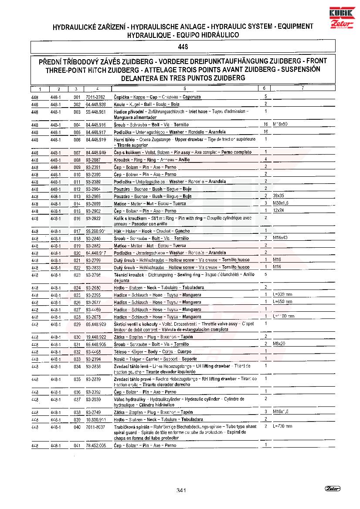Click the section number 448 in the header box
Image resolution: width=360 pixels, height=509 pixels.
click(x=183, y=46)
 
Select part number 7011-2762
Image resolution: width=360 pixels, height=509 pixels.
click(x=95, y=97)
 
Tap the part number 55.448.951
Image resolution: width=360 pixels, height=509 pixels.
click(x=96, y=111)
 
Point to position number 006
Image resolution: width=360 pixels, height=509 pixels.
click(x=77, y=140)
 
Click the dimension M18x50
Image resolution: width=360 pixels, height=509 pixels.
click(x=280, y=124)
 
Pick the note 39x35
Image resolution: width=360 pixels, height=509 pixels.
click(x=278, y=196)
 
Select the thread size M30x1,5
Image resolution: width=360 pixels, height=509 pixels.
click(x=280, y=203)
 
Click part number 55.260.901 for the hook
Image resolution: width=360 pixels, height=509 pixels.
click(x=96, y=231)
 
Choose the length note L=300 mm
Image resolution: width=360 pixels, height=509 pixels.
click(x=282, y=295)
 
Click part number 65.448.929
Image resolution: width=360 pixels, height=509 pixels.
click(x=96, y=324)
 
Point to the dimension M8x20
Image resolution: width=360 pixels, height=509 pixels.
click(x=279, y=344)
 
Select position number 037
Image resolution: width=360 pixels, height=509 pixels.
click(x=77, y=399)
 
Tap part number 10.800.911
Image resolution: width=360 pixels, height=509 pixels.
click(x=96, y=419)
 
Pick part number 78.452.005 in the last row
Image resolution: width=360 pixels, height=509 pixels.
click(x=96, y=445)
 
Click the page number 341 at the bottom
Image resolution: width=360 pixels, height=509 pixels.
click(x=182, y=491)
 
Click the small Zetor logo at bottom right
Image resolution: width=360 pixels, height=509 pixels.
click(x=333, y=488)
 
